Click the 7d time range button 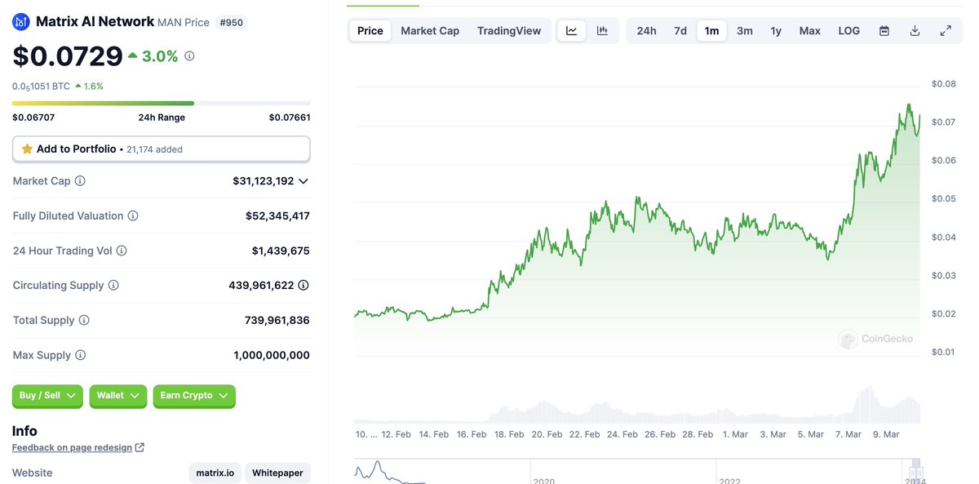(680, 31)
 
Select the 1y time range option (776, 31)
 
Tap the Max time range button (809, 31)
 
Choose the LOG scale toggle (848, 31)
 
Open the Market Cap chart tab (430, 31)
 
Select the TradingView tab (509, 31)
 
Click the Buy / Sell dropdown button (47, 396)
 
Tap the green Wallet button (117, 396)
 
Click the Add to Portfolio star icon (27, 149)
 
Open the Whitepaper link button (277, 473)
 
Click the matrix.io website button (215, 473)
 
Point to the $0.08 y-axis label (943, 84)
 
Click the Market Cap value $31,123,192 (263, 181)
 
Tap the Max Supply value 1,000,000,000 (271, 356)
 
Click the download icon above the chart (915, 31)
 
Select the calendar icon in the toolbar (884, 31)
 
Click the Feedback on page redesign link (73, 448)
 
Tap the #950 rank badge (232, 22)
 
